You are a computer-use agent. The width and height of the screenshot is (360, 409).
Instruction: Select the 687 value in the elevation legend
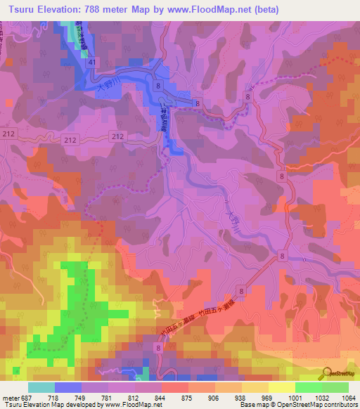[27, 398]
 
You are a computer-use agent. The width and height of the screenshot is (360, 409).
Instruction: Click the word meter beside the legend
[11, 398]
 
